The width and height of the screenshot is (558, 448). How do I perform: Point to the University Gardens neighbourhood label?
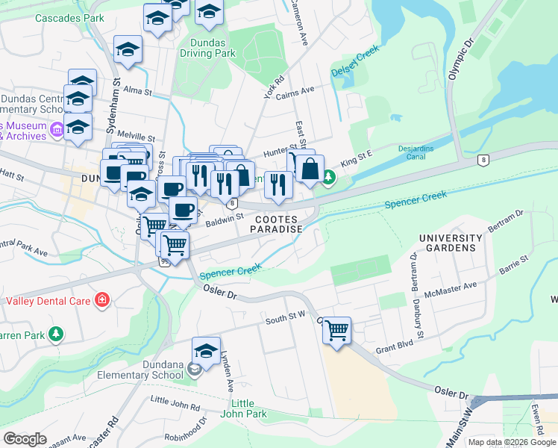(x=447, y=242)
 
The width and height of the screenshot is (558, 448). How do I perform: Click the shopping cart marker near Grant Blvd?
(x=336, y=329)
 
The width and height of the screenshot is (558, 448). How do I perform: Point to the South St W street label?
(x=285, y=320)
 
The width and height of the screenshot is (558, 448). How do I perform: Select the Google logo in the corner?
(x=24, y=439)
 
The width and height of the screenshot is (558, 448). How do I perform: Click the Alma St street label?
(x=137, y=90)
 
